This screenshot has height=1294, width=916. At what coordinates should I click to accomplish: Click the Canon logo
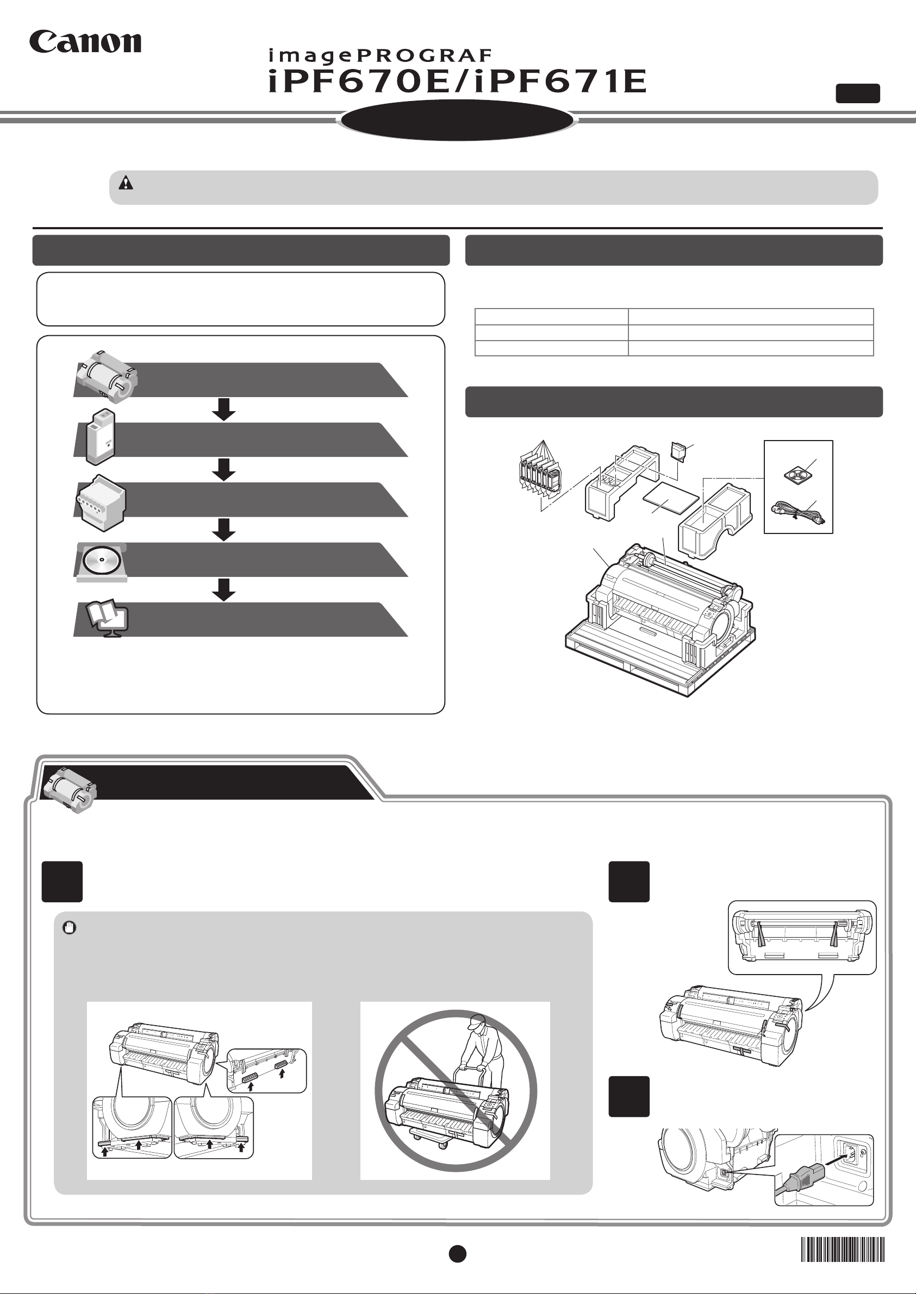85,42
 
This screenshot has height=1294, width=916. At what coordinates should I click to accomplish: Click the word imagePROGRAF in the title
380,55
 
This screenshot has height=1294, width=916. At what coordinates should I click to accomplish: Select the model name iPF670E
359,81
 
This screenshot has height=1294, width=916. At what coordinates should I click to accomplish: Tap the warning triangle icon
126,183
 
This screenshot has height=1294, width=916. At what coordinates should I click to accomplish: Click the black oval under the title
457,121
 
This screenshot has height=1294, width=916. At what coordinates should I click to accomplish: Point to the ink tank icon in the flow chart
101,436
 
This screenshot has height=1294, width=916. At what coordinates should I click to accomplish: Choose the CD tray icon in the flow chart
101,561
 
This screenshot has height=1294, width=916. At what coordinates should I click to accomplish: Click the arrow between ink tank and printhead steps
224,469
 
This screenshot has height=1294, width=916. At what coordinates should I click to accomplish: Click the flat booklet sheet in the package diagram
671,498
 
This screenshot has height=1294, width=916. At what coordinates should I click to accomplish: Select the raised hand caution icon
70,928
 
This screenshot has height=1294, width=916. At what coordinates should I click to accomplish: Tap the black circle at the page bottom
457,1253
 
